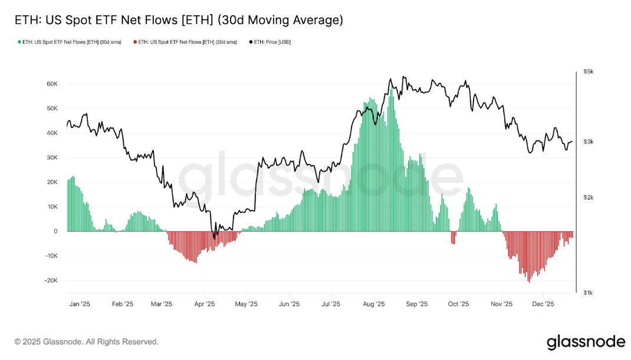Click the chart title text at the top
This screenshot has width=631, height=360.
pos(179,20)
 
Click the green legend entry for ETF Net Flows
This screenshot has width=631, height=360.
pos(70,42)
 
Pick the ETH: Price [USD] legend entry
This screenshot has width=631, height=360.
pos(270,42)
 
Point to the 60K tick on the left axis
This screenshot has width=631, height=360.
pos(51,84)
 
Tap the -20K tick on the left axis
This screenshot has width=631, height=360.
pos(50,280)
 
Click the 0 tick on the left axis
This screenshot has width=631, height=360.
pos(55,231)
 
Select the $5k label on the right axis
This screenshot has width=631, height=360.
pos(588,71)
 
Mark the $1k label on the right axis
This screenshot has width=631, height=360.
pos(588,293)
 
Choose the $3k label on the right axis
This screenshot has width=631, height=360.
pos(588,142)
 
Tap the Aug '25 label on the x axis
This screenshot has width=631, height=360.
pos(373,305)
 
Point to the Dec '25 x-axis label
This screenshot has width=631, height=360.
pos(543,305)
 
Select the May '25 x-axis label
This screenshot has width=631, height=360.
pos(246,305)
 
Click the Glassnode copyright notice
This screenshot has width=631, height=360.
pos(87,342)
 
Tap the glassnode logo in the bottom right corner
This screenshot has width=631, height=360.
pos(585,342)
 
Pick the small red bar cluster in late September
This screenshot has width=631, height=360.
pos(453,237)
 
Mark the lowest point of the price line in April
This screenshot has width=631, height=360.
pos(215,235)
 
